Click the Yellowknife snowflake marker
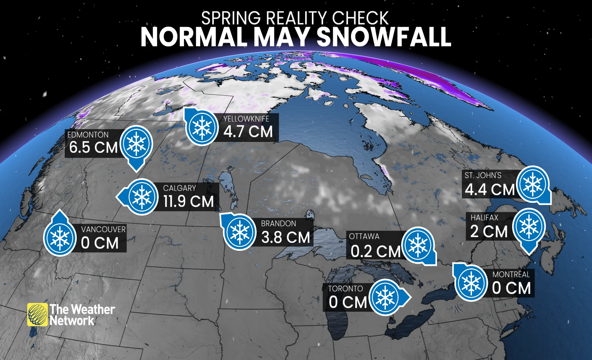[202, 127]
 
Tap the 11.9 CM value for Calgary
[188, 201]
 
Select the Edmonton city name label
[88, 135]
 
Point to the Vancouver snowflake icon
[60, 239]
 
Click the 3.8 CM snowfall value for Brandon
[285, 237]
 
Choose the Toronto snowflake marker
[386, 297]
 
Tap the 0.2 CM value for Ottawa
[375, 251]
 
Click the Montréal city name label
[511, 275]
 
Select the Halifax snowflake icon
[529, 226]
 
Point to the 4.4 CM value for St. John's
[489, 190]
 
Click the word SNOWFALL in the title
[384, 37]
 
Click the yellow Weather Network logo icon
[37, 314]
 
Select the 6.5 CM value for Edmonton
[93, 147]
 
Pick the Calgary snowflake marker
[142, 197]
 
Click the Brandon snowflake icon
[240, 232]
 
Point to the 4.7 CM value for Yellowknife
[248, 131]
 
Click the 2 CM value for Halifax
[489, 231]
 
